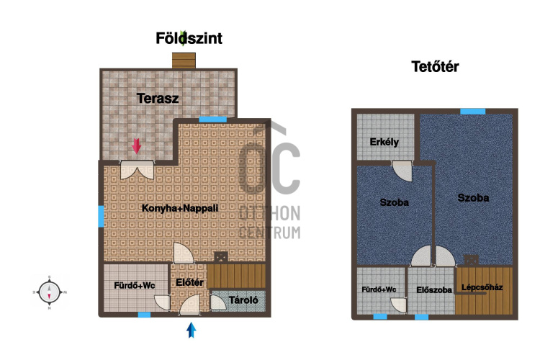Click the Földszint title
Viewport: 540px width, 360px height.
coord(189,38)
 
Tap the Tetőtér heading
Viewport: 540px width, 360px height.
coord(435,66)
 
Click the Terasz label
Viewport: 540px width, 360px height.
coord(158,99)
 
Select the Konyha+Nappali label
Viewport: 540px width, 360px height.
coord(180,208)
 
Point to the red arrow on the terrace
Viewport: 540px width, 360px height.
coord(137,145)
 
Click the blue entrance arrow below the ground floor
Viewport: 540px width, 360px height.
coord(191,330)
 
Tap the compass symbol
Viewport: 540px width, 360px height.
coord(49,292)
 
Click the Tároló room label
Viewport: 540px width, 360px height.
coord(243,300)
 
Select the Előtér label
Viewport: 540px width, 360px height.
coord(189,282)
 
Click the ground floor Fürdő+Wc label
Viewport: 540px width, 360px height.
coord(135,285)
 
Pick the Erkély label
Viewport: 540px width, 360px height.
coord(384,142)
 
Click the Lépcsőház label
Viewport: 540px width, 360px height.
coord(482,287)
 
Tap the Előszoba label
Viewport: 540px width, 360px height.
coord(434,290)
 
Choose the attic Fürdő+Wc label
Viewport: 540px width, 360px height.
coord(379,289)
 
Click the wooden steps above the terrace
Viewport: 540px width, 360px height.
coord(184,60)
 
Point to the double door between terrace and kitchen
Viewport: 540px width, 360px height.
coord(137,169)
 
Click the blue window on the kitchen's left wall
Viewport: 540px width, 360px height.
coord(101,216)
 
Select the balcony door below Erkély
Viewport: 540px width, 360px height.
coord(402,171)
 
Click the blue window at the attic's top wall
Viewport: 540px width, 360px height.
coord(473,112)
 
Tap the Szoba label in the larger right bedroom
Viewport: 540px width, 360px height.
coord(473,198)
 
